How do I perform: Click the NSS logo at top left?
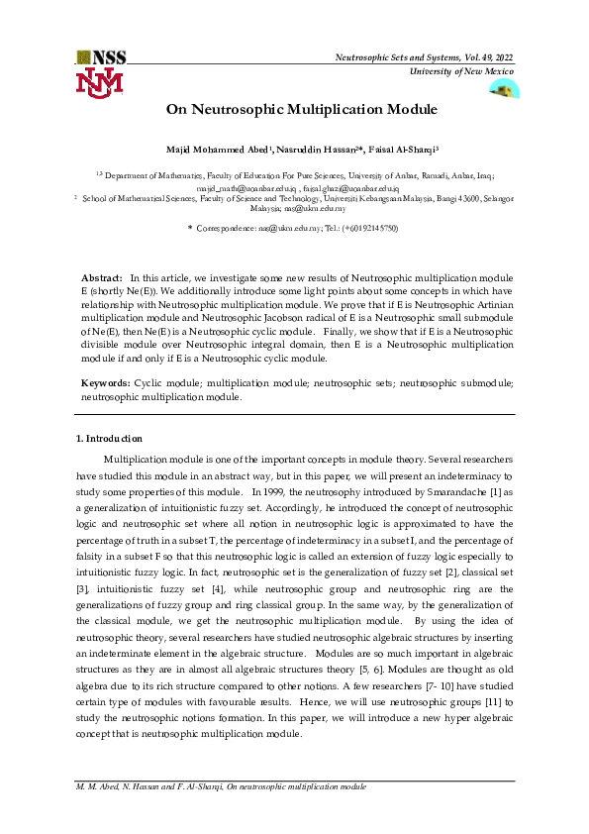pyautogui.click(x=99, y=57)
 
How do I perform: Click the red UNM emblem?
pyautogui.click(x=99, y=82)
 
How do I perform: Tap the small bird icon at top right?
pyautogui.click(x=505, y=90)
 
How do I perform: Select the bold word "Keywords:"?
pyautogui.click(x=105, y=381)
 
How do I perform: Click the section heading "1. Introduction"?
pyautogui.click(x=109, y=438)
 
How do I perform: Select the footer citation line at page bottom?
pyautogui.click(x=221, y=785)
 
